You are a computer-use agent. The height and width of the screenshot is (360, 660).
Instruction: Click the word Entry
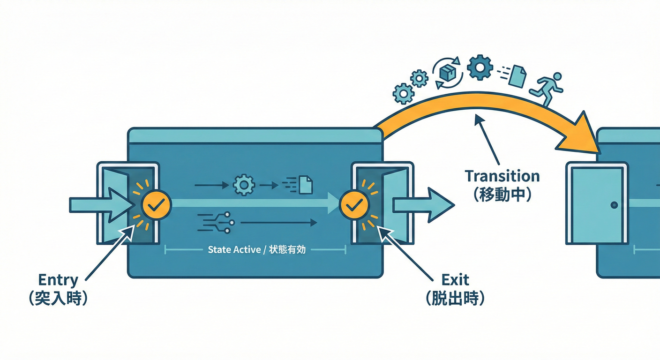[58, 280]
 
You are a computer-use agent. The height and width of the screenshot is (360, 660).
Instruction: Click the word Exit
[455, 280]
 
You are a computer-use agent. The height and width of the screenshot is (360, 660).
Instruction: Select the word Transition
[502, 176]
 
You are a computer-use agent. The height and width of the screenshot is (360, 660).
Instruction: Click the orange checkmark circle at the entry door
[157, 205]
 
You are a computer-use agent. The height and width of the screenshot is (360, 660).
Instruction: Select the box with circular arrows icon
[449, 73]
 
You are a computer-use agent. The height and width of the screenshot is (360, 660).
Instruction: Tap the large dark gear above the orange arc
[480, 67]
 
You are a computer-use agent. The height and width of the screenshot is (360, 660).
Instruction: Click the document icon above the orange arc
[517, 75]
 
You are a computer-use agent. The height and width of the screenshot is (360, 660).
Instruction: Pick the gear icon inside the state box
[244, 185]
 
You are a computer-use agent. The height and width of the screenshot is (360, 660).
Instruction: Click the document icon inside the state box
[305, 185]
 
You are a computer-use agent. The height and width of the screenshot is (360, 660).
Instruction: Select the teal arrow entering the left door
[101, 205]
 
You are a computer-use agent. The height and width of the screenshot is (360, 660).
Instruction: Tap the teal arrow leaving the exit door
[422, 205]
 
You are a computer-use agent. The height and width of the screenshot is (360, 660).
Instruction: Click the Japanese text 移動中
[502, 195]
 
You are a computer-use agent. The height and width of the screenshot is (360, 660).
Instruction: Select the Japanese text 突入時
[58, 299]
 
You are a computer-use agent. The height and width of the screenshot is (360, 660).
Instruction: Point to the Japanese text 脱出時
[455, 299]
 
